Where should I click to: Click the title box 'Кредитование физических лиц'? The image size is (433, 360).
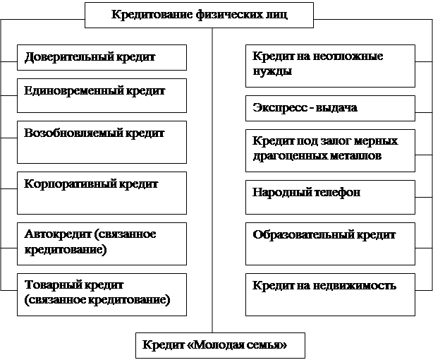pos(199,16)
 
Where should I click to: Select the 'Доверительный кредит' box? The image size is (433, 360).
pos(102,57)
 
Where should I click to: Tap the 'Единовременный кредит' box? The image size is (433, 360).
pos(102,96)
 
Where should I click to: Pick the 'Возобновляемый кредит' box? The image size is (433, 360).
pos(102,142)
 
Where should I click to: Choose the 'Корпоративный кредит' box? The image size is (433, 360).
pos(102,193)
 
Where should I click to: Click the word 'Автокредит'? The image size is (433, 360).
pos(58,234)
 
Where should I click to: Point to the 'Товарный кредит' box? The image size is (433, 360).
pos(102,295)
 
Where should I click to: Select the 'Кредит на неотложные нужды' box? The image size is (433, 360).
pos(330,66)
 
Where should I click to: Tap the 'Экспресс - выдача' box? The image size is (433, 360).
pos(330,109)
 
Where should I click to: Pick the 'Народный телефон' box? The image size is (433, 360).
pos(330,197)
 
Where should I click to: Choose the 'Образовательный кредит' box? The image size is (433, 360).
pos(330,244)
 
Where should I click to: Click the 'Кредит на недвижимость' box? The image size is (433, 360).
pos(330,295)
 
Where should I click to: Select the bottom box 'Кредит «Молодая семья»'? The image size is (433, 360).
pos(220,345)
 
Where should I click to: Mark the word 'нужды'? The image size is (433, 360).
pos(272,71)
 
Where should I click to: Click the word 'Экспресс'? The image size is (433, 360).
pos(279,108)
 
